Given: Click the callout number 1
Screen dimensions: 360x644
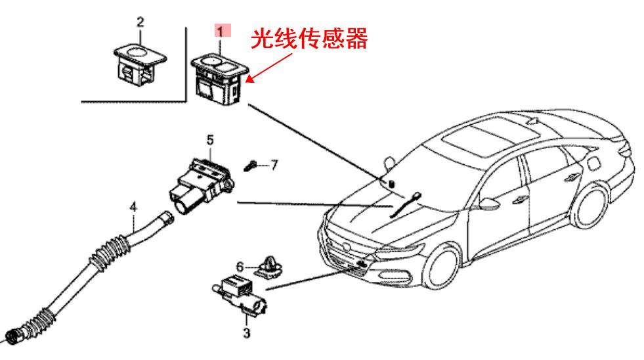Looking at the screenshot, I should (221, 30).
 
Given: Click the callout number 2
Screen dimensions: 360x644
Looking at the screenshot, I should (140, 22).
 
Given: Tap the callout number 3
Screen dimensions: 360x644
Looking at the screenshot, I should (247, 333).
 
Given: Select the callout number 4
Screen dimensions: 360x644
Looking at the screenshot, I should (133, 207).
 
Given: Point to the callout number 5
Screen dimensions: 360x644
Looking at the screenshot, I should (210, 139).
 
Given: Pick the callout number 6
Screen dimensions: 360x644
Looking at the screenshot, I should (240, 267).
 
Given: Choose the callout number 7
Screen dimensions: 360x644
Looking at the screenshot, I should (274, 164).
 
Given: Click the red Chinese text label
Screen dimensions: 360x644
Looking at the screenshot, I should (310, 39).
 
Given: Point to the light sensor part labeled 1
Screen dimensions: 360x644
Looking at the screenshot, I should (219, 78).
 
